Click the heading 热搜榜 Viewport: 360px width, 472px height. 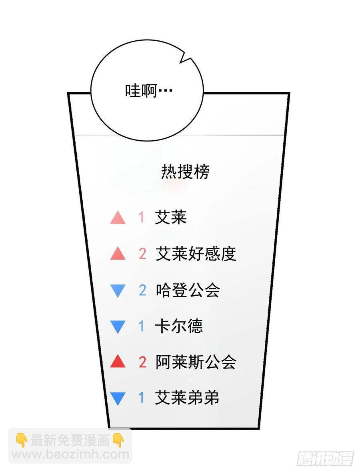[185, 172]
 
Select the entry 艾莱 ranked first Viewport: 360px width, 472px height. [171, 217]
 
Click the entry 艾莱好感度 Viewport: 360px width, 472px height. [196, 254]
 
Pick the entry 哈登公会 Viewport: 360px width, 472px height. [188, 290]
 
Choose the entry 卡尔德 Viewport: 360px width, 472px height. [179, 326]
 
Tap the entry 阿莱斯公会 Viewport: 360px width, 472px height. [196, 362]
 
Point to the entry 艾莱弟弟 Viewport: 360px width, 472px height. [187, 398]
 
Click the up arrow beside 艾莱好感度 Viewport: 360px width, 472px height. [118, 254]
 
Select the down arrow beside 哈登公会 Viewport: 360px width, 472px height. [118, 291]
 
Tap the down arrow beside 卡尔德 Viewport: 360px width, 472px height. [118, 327]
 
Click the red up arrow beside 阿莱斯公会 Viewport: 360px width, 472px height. [118, 362]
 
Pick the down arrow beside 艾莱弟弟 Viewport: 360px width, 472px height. [118, 399]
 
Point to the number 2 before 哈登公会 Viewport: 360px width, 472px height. [142, 291]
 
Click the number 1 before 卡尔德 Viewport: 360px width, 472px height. [141, 327]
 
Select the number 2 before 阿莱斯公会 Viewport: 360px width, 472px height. [142, 362]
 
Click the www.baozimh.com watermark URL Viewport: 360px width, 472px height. [70, 454]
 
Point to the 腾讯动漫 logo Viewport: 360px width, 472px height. [325, 458]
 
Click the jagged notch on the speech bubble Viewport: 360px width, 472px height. [186, 59]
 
